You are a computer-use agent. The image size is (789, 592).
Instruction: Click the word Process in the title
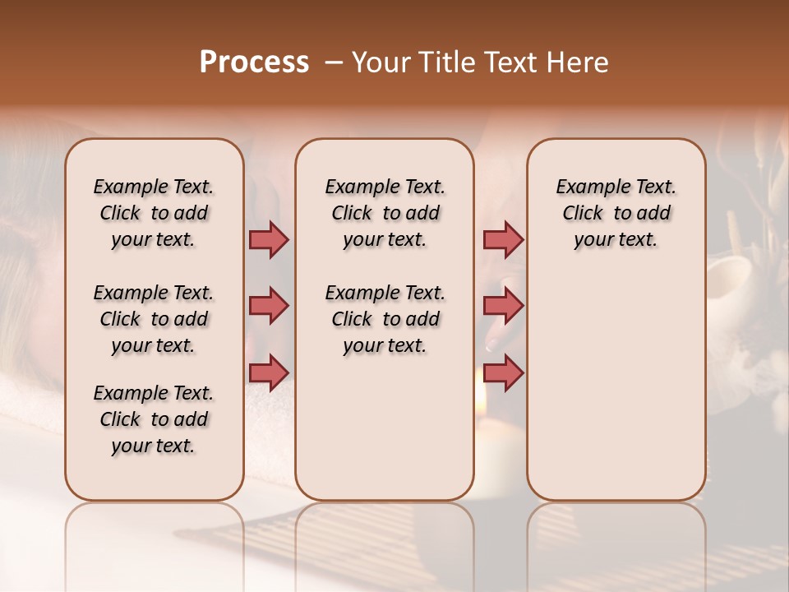tap(254, 62)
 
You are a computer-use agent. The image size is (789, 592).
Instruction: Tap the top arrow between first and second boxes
tap(269, 240)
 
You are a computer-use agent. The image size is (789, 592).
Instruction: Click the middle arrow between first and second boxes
tap(269, 307)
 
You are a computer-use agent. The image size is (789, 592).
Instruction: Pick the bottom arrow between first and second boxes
tap(269, 373)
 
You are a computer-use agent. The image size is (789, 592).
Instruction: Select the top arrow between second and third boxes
tap(503, 240)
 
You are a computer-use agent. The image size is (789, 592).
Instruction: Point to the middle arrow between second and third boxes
tap(503, 307)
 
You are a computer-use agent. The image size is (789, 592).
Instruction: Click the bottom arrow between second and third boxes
tap(503, 373)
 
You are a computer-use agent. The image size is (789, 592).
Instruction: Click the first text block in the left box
tap(154, 213)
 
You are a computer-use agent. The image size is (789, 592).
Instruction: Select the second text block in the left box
tap(154, 319)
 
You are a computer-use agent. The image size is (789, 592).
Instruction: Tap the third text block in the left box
tap(154, 419)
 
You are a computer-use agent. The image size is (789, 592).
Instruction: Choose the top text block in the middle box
tap(385, 213)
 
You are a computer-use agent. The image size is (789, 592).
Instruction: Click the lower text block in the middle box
tap(385, 319)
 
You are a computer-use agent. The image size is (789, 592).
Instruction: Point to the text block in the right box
tap(616, 213)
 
